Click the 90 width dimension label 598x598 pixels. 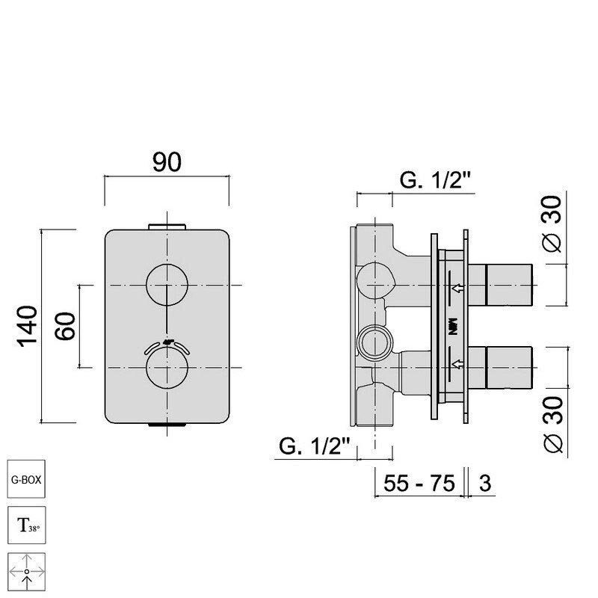[167, 161]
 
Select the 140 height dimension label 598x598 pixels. [27, 326]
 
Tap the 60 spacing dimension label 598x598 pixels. [65, 326]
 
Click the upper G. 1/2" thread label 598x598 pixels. [435, 179]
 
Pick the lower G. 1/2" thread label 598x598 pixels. [315, 446]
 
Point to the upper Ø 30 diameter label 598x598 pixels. [552, 224]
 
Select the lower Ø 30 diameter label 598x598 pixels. [552, 424]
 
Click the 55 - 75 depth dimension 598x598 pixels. [419, 483]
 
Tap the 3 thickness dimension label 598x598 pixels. [484, 483]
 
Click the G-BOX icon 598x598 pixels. [26, 479]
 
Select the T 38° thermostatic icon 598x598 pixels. [26, 525]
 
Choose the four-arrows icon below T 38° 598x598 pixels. [26, 572]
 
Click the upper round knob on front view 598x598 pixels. [167, 285]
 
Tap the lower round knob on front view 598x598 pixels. [167, 368]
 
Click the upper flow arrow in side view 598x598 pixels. [457, 288]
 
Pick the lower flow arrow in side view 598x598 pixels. [457, 364]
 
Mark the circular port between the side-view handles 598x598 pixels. [375, 343]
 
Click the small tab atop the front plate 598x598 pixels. [167, 227]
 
